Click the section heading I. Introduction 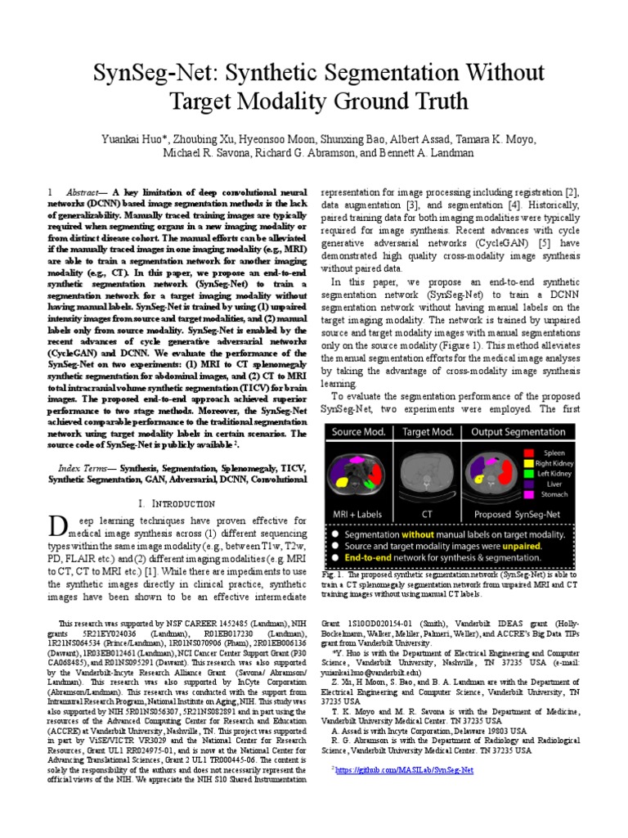pyautogui.click(x=177, y=502)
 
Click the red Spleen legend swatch pyautogui.click(x=529, y=452)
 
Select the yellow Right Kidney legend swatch pyautogui.click(x=529, y=464)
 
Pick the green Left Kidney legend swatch pyautogui.click(x=529, y=476)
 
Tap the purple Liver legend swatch pyautogui.click(x=529, y=489)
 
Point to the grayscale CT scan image pyautogui.click(x=426, y=476)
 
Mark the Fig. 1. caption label pyautogui.click(x=334, y=576)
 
